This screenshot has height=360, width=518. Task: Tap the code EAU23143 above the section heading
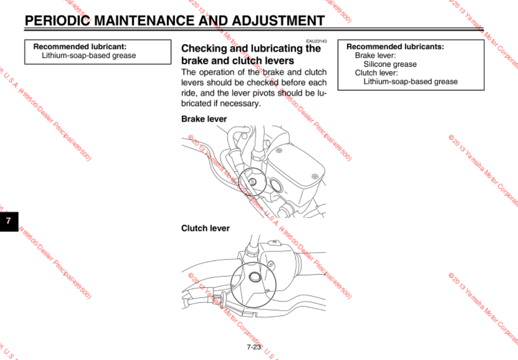click(x=317, y=41)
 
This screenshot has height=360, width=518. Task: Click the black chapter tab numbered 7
click(x=9, y=221)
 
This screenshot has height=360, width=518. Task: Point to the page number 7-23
click(x=254, y=347)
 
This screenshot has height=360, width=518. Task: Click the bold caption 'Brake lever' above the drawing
click(x=204, y=119)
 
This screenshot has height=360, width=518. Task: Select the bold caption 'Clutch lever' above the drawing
click(x=205, y=228)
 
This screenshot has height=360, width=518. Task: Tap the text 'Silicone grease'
click(x=390, y=64)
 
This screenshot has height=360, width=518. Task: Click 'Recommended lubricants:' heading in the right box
click(x=395, y=47)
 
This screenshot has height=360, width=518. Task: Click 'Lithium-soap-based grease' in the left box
click(x=89, y=55)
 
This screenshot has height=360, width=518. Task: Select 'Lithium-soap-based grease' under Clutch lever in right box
click(x=410, y=81)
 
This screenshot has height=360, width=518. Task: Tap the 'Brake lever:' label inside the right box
click(x=375, y=55)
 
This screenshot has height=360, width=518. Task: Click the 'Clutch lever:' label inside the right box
click(x=376, y=73)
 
